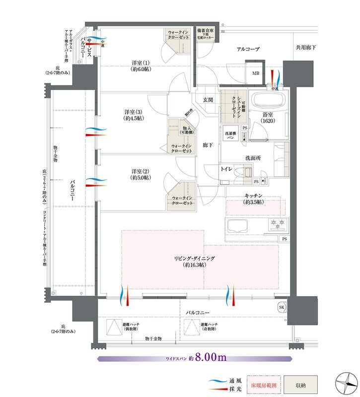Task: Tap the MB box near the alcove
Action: coord(256,73)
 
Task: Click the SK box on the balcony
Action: coord(282,306)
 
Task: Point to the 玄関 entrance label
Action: coord(208,100)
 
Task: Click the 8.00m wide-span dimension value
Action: coord(211,357)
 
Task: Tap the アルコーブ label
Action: coord(248,49)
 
